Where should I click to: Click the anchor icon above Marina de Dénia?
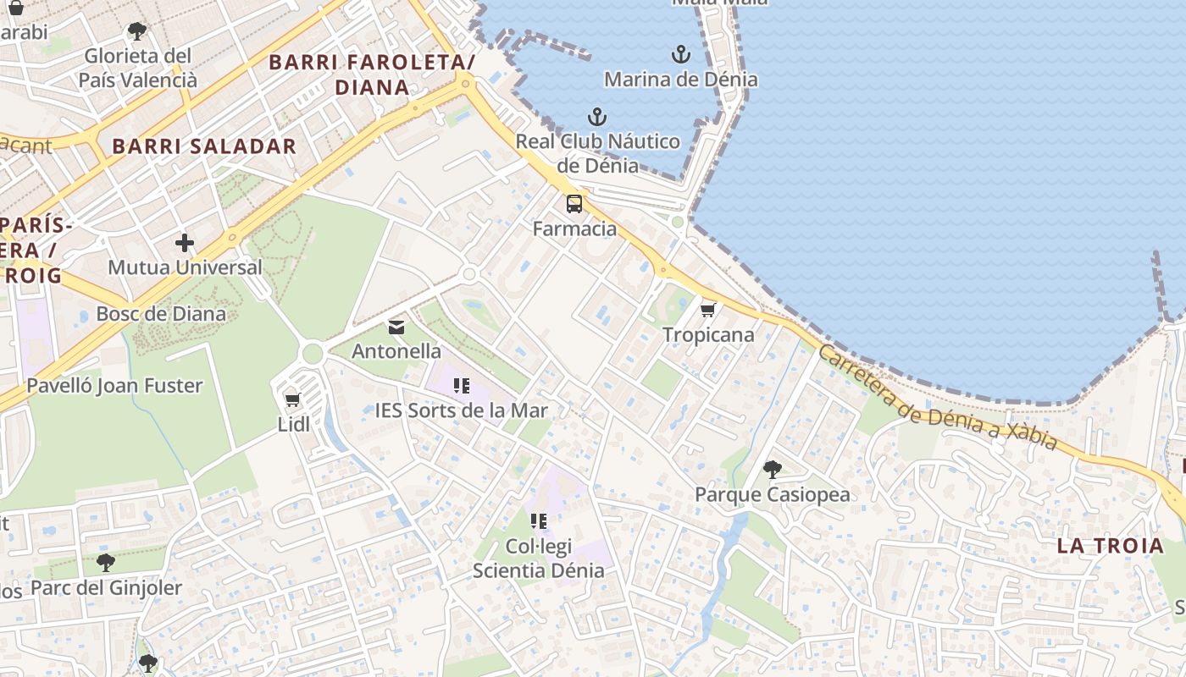pyautogui.click(x=681, y=55)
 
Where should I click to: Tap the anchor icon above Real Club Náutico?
pyautogui.click(x=598, y=117)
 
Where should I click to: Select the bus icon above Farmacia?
pyautogui.click(x=574, y=203)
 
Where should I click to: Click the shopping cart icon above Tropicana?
pyautogui.click(x=708, y=310)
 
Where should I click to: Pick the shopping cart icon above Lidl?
pyautogui.click(x=293, y=399)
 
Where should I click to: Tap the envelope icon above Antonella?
pyautogui.click(x=396, y=327)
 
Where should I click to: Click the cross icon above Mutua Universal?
pyautogui.click(x=185, y=244)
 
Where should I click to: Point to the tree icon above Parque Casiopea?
pyautogui.click(x=772, y=469)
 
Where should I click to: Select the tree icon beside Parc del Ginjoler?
pyautogui.click(x=106, y=563)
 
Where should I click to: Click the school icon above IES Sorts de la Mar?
pyautogui.click(x=462, y=387)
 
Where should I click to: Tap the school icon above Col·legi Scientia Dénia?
pyautogui.click(x=539, y=521)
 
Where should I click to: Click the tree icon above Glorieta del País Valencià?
pyautogui.click(x=137, y=32)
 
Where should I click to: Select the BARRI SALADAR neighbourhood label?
pyautogui.click(x=204, y=146)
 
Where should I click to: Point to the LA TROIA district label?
pyautogui.click(x=1110, y=546)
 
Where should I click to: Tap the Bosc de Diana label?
pyautogui.click(x=161, y=314)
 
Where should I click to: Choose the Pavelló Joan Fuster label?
pyautogui.click(x=114, y=386)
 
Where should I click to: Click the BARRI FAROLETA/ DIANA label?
pyautogui.click(x=372, y=74)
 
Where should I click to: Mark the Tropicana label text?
pyautogui.click(x=708, y=335)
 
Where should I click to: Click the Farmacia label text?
pyautogui.click(x=574, y=228)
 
